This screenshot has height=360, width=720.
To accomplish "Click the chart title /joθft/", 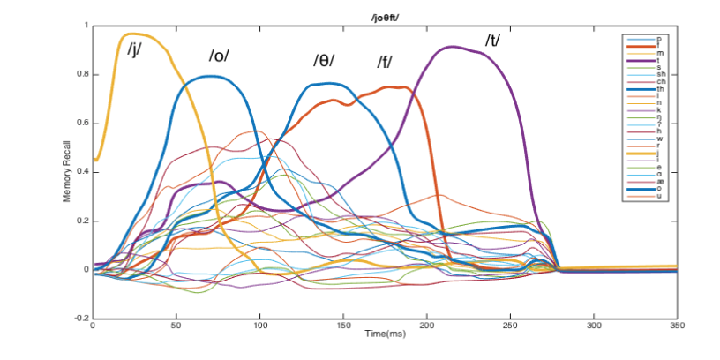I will pyautogui.click(x=385, y=19).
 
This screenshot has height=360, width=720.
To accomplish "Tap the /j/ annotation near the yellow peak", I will pyautogui.click(x=135, y=48).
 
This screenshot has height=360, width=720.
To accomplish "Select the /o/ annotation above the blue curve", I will pyautogui.click(x=219, y=56).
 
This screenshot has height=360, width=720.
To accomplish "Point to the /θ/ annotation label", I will pyautogui.click(x=324, y=61).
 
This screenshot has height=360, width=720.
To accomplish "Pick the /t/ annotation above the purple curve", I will pyautogui.click(x=492, y=41).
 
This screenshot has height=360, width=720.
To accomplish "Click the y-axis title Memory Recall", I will pyautogui.click(x=66, y=171).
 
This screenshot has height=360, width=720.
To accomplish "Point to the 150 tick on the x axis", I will pyautogui.click(x=343, y=325).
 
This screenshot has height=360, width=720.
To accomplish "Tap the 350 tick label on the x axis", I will pyautogui.click(x=677, y=325).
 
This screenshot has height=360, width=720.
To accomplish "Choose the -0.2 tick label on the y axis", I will pyautogui.click(x=81, y=318).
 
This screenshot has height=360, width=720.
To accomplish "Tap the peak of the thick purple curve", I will pyautogui.click(x=454, y=47).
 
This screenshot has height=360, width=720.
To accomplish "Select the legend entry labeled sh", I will pyautogui.click(x=659, y=74).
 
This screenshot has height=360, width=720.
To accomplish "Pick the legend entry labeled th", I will pyautogui.click(x=659, y=89).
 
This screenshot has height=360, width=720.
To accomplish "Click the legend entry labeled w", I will pyautogui.click(x=659, y=139).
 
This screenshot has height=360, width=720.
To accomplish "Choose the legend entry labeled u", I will pyautogui.click(x=659, y=195).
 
